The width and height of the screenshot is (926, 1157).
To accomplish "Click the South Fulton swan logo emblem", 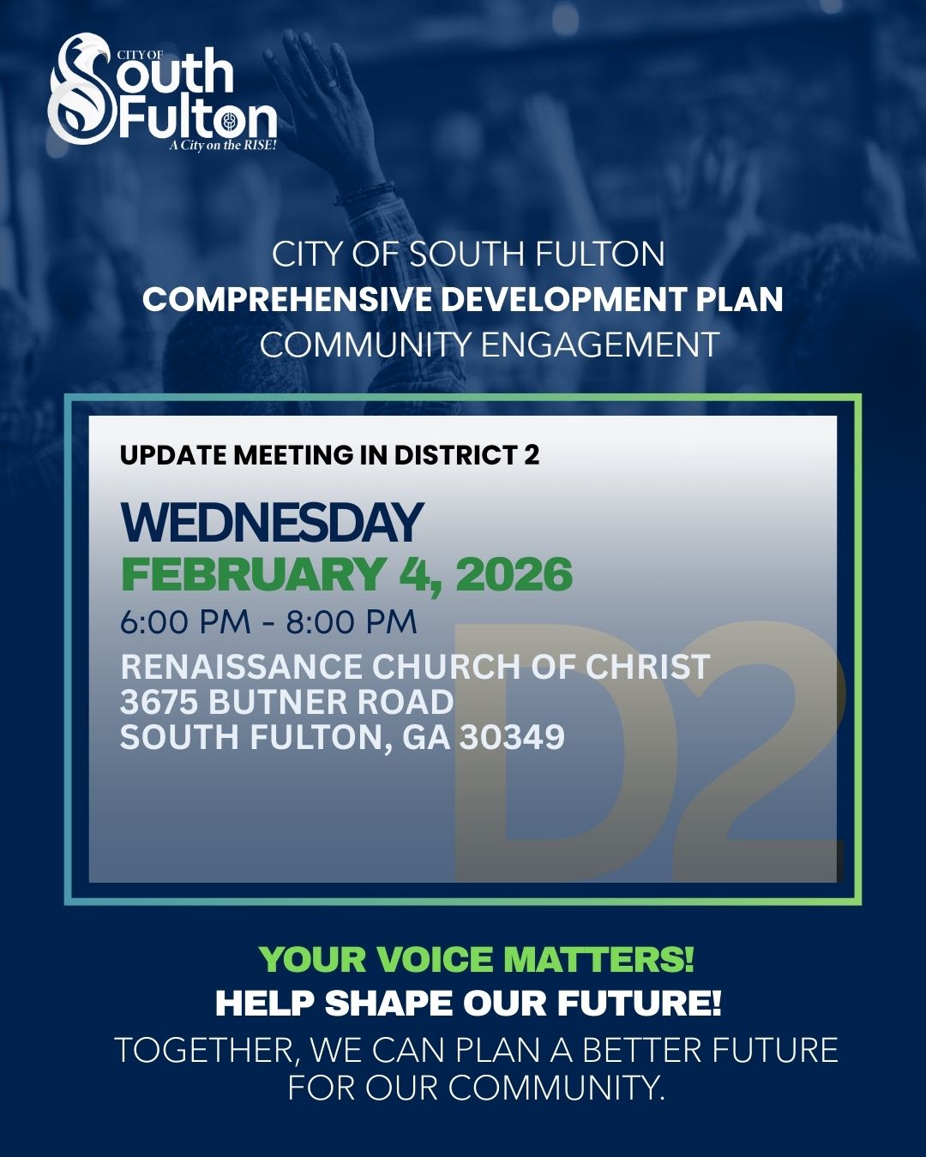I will tap(81, 90).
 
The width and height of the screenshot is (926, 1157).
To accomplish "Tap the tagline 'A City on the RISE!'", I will tap(223, 146).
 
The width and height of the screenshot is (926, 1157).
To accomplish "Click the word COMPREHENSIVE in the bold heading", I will tap(287, 300).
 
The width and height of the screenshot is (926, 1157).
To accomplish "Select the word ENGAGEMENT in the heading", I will tap(599, 345).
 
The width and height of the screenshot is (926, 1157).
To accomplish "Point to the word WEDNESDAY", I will tap(272, 522).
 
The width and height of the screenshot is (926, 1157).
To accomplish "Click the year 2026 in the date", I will tap(514, 574).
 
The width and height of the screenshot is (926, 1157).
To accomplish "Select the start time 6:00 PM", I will tap(185, 622).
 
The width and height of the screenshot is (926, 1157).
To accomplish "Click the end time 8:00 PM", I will tap(352, 622).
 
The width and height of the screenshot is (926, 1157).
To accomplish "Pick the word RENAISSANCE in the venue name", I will tap(241, 667).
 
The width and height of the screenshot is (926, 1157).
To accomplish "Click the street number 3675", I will tap(159, 702).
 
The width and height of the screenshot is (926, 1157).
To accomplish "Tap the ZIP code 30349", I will tap(512, 737).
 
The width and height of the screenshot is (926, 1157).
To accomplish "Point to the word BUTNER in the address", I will tap(278, 702).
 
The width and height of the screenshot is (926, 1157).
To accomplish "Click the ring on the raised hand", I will tap(332, 83).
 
